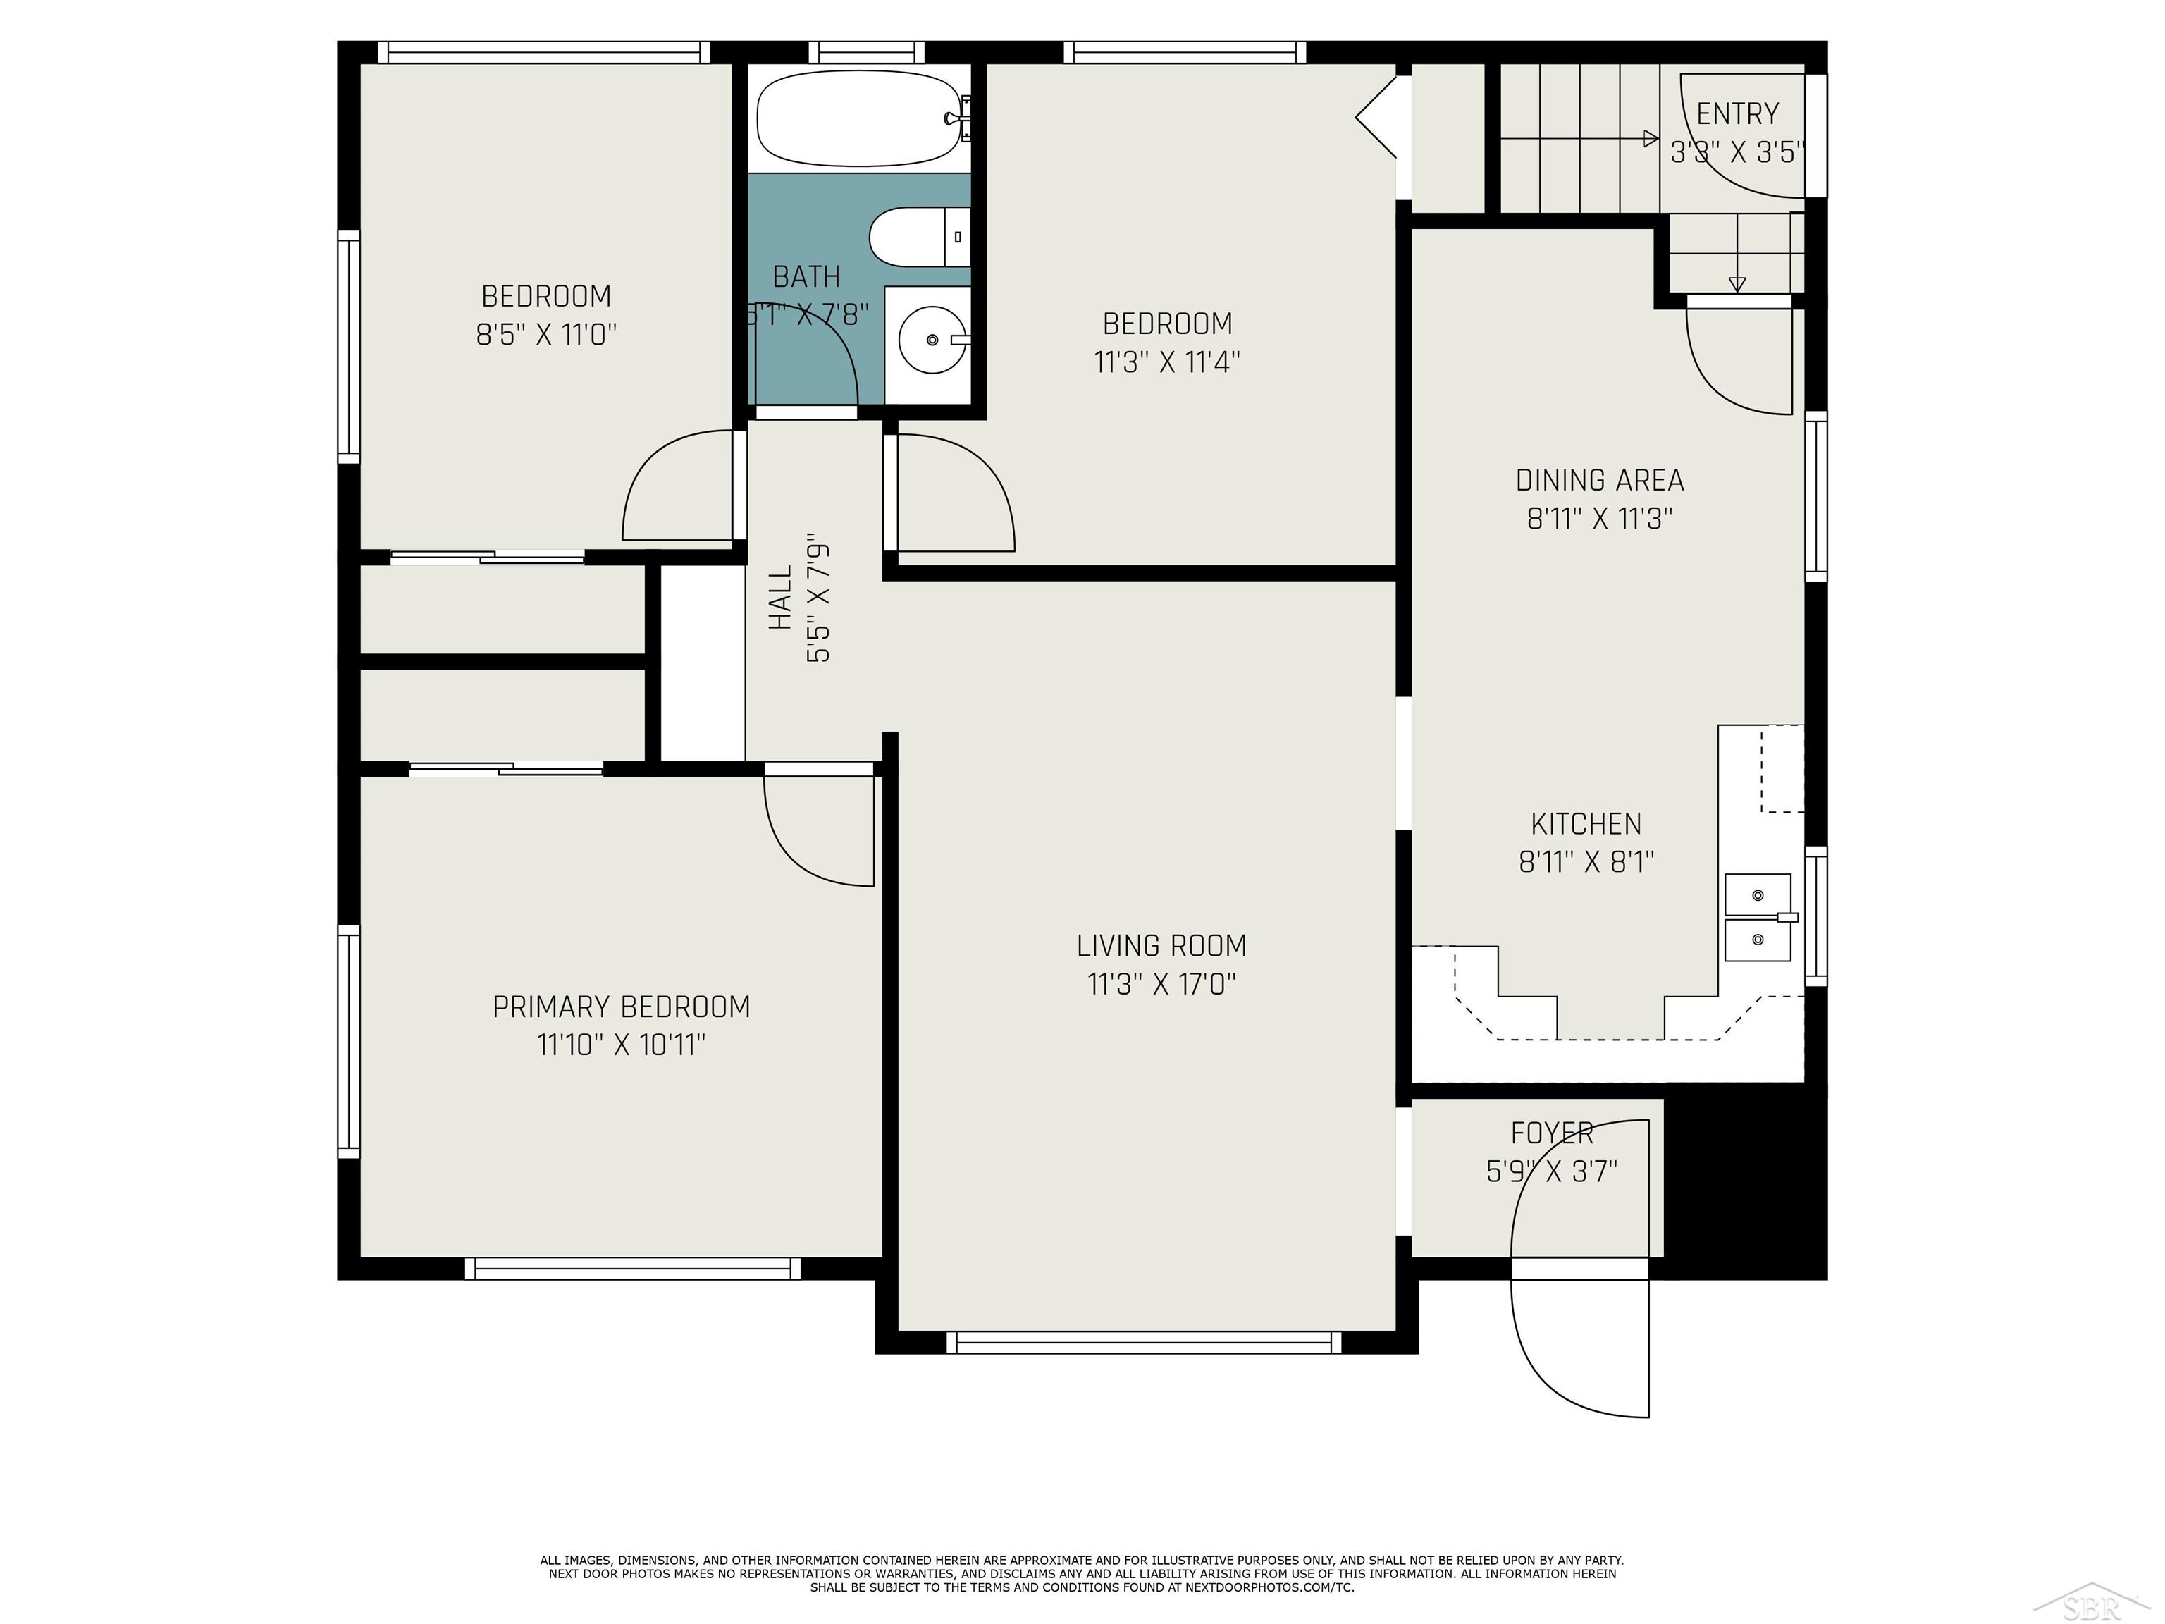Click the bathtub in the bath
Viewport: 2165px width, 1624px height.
858,118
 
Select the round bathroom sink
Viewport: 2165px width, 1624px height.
931,340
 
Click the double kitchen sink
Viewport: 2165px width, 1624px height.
1758,917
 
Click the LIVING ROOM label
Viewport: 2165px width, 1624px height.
1161,946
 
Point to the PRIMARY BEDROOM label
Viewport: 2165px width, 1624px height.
620,1007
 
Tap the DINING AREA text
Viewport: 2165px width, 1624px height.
1599,481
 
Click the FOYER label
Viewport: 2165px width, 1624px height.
1551,1133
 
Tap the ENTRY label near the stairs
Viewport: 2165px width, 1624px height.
1737,113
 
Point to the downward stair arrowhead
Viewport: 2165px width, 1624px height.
1737,285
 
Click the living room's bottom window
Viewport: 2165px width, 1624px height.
1144,1342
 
